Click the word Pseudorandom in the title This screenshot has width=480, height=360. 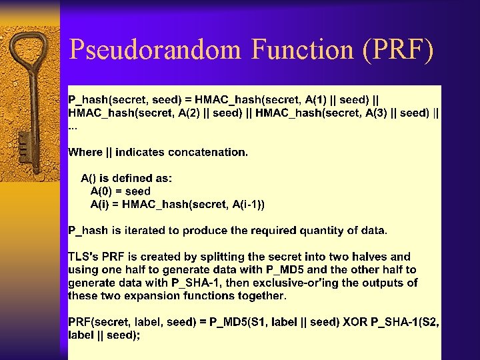point(155,50)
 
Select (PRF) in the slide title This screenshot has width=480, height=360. point(399,50)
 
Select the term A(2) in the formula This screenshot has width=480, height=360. point(191,113)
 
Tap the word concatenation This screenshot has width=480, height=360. point(207,152)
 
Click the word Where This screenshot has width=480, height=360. point(85,152)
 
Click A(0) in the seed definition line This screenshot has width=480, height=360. point(103,191)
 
